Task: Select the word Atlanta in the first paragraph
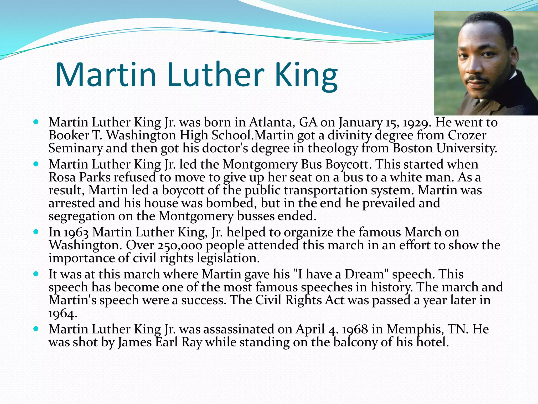[272, 123]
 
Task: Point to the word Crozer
[467, 135]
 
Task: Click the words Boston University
[445, 148]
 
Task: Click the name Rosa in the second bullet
[62, 178]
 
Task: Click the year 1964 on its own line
[63, 314]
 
